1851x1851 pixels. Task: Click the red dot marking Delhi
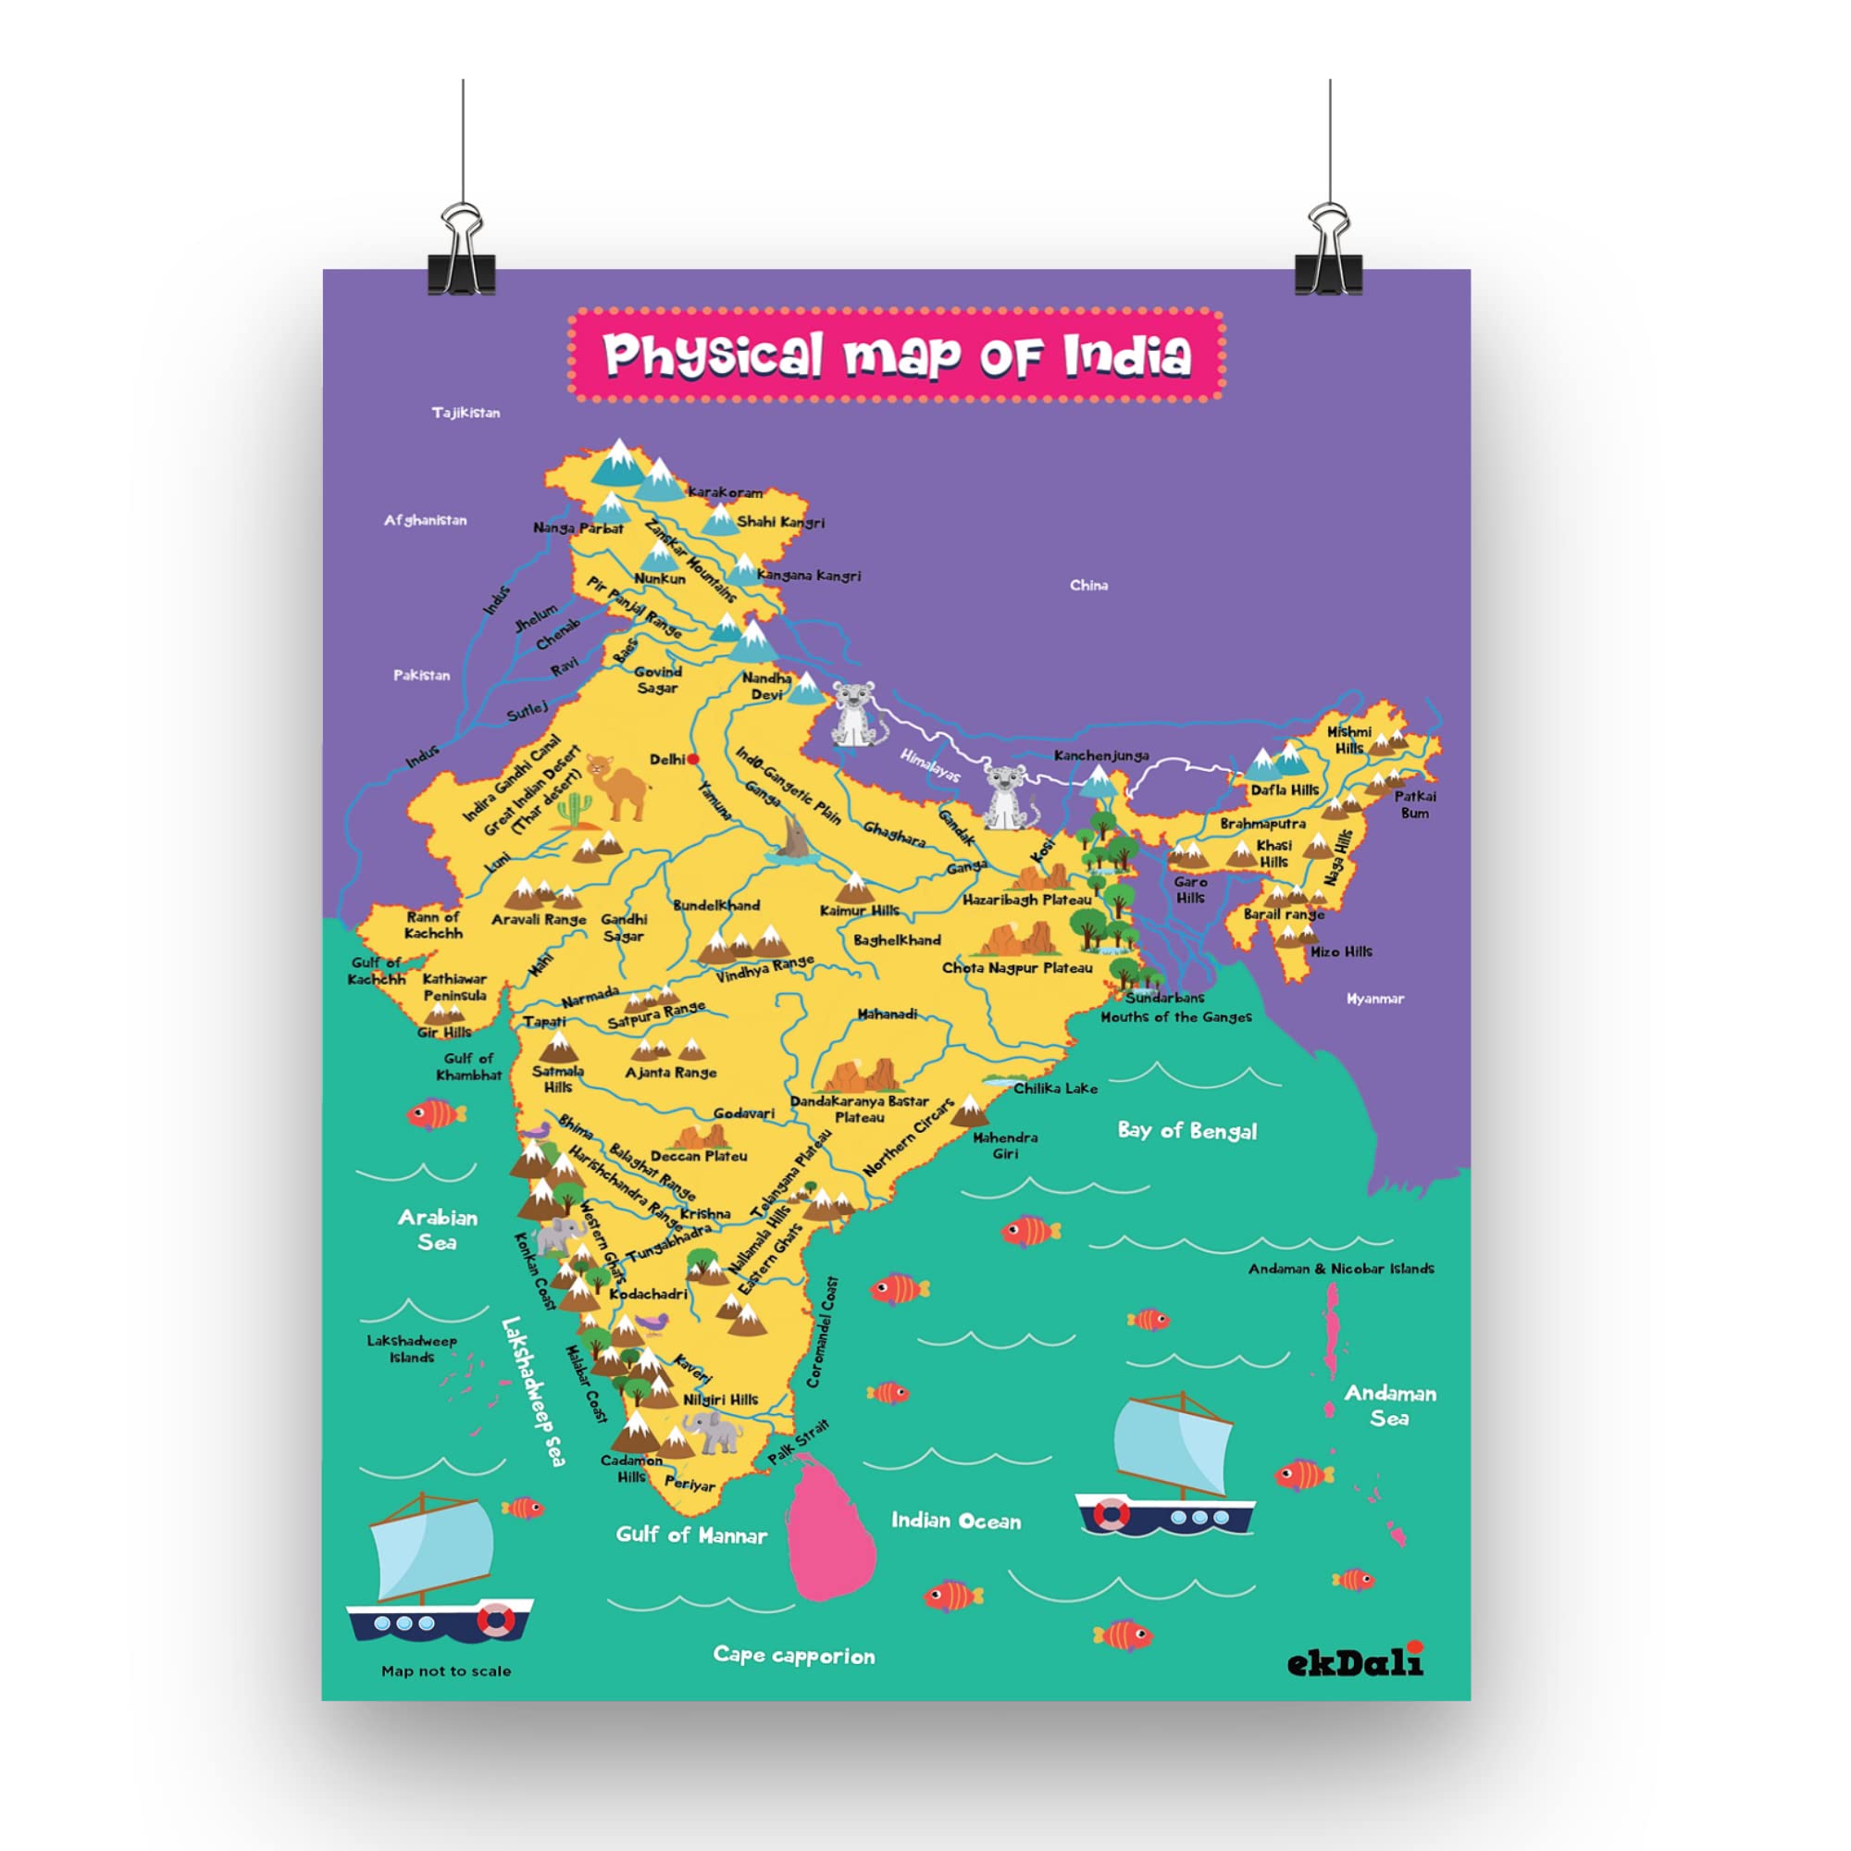click(693, 759)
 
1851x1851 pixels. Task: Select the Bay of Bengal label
click(1187, 1131)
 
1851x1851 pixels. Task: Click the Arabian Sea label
click(438, 1229)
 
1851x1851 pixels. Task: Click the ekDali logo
click(1355, 1662)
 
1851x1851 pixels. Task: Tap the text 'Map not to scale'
click(445, 1671)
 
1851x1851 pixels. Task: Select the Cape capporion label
click(793, 1656)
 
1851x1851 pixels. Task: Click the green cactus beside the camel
click(573, 811)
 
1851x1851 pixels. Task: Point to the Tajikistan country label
click(466, 413)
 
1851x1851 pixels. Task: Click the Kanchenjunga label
click(1100, 755)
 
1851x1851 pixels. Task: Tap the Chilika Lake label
click(1055, 1088)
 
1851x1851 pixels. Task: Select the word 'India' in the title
click(1127, 354)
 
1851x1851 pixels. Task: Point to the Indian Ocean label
click(955, 1521)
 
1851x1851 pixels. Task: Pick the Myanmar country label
click(1375, 999)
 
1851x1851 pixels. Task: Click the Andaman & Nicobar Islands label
click(1340, 1269)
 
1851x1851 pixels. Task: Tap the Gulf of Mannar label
click(690, 1534)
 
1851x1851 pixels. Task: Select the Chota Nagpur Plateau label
click(1016, 968)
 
